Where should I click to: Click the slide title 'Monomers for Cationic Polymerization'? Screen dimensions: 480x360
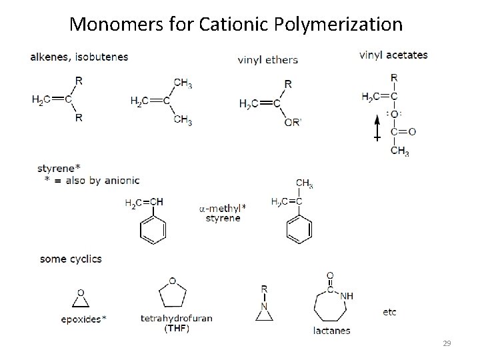pyautogui.click(x=236, y=25)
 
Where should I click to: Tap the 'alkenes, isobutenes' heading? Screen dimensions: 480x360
pyautogui.click(x=79, y=57)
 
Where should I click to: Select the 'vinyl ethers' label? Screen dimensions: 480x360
pyautogui.click(x=268, y=60)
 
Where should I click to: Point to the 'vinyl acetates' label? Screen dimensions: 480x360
pyautogui.click(x=393, y=55)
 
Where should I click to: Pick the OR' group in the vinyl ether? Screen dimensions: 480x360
pyautogui.click(x=291, y=121)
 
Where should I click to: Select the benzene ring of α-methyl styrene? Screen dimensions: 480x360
pyautogui.click(x=299, y=229)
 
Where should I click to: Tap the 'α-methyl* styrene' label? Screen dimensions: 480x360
pyautogui.click(x=223, y=213)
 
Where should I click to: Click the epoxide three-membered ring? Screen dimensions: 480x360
pyautogui.click(x=81, y=301)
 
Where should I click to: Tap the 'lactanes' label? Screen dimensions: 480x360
pyautogui.click(x=331, y=330)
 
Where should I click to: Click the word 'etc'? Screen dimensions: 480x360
pyautogui.click(x=390, y=312)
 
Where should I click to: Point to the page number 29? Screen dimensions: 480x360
pyautogui.click(x=447, y=343)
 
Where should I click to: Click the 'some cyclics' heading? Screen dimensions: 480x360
pyautogui.click(x=71, y=259)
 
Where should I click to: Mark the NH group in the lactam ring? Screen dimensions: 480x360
pyautogui.click(x=347, y=295)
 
